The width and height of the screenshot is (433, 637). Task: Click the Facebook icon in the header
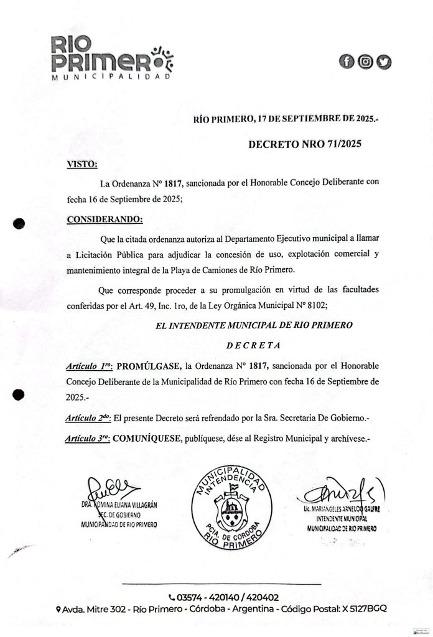click(x=346, y=61)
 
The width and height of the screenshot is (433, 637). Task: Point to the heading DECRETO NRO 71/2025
click(x=304, y=144)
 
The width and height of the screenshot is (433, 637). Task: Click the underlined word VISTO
click(x=81, y=165)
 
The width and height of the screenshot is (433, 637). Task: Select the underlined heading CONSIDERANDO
click(x=104, y=219)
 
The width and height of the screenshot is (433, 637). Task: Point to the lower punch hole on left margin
click(x=19, y=394)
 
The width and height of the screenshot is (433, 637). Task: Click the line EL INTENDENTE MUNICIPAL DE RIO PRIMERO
click(x=255, y=325)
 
